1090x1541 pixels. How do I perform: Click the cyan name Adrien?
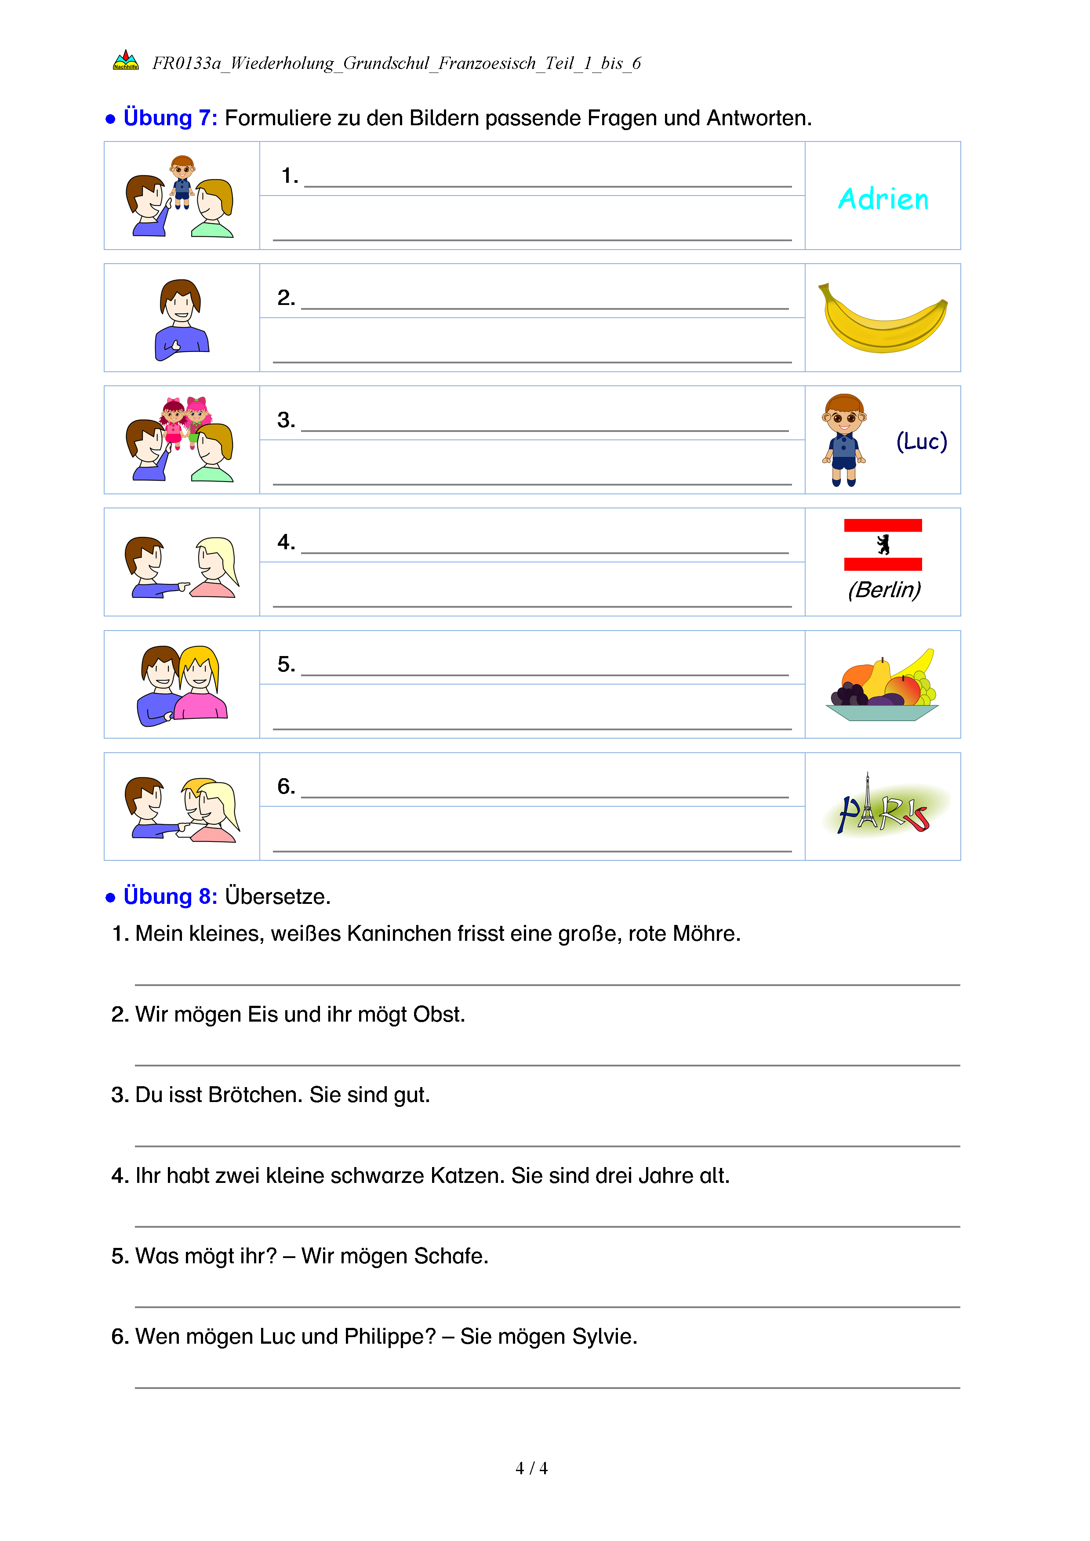click(883, 199)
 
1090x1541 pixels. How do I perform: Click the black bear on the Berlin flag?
click(883, 544)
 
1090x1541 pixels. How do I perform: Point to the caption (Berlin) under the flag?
click(883, 590)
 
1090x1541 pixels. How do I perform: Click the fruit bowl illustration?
click(883, 686)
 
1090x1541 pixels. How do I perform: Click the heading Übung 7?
click(170, 118)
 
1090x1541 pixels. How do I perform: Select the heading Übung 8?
click(170, 897)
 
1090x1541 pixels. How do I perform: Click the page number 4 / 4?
click(531, 1468)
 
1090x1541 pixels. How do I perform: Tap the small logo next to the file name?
click(126, 61)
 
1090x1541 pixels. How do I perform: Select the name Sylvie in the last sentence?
click(603, 1337)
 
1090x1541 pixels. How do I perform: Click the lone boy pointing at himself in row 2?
click(181, 319)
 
